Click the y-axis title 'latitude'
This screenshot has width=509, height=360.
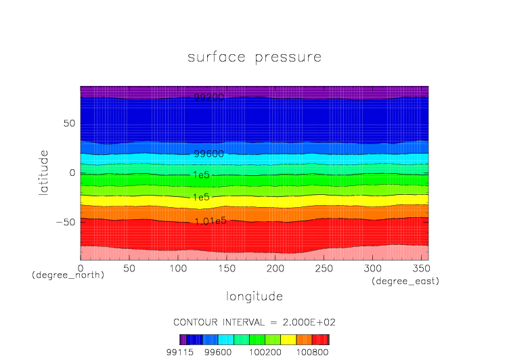(x=44, y=173)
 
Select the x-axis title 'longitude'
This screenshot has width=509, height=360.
(x=254, y=296)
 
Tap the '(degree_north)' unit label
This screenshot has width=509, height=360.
(x=68, y=275)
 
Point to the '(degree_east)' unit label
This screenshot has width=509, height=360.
(x=405, y=281)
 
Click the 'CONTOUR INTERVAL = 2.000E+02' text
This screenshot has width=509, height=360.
(x=254, y=321)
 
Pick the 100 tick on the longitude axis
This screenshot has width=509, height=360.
(x=177, y=269)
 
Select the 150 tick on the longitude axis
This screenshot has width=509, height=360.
(x=226, y=269)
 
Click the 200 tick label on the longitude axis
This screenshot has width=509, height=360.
(x=275, y=269)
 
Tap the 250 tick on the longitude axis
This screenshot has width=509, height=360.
(x=323, y=269)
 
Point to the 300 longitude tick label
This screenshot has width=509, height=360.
(x=372, y=269)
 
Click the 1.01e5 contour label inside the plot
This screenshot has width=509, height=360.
(x=210, y=221)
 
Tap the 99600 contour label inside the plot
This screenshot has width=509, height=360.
(x=208, y=154)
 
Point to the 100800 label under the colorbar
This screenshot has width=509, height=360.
(x=313, y=352)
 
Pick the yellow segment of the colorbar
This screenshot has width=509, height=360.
(x=288, y=340)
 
